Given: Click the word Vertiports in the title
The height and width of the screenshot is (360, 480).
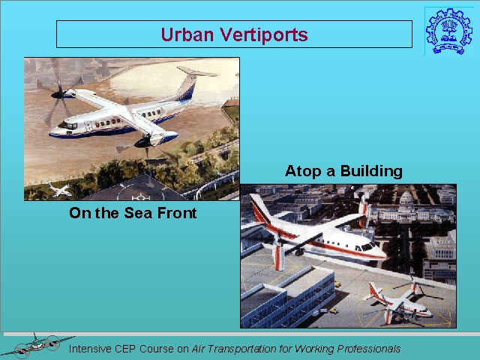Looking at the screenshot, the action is click(264, 34).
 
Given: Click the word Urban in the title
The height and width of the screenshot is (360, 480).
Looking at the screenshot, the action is click(187, 34).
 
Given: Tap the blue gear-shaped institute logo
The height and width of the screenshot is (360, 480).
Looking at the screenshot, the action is click(445, 31).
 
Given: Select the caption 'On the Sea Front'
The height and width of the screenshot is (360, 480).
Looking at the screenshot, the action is click(133, 213).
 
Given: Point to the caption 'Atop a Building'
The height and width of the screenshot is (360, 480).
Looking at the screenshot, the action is click(343, 171).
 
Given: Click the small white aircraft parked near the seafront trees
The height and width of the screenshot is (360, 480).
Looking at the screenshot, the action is click(60, 190).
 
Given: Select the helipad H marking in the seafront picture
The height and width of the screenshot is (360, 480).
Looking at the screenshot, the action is click(140, 196).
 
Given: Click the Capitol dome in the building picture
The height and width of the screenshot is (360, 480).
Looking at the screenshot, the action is click(406, 200).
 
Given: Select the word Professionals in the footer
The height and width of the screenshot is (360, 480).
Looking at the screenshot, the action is click(368, 349).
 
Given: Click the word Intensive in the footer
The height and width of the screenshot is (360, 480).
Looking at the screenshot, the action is click(90, 349).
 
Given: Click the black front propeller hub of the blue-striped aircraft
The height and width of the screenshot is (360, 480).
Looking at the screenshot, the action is click(58, 94).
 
